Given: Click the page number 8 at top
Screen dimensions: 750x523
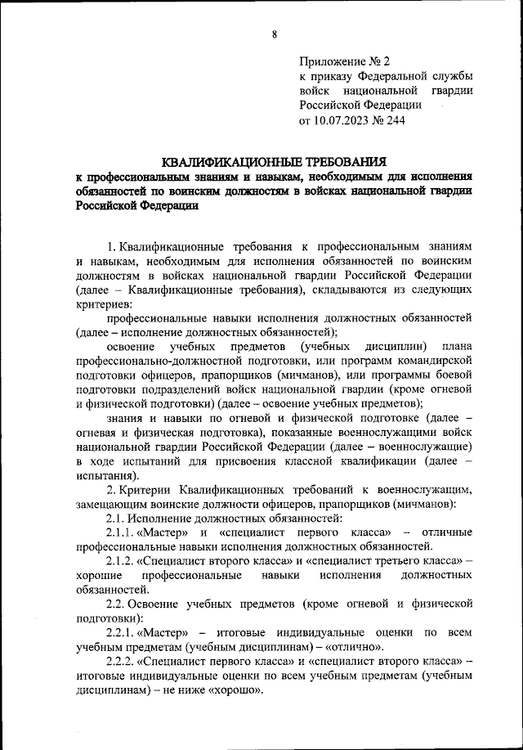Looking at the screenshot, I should [275, 34].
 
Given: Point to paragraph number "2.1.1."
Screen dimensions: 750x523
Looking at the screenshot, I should [124, 532].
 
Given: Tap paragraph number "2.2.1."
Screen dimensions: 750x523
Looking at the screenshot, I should [123, 633].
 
